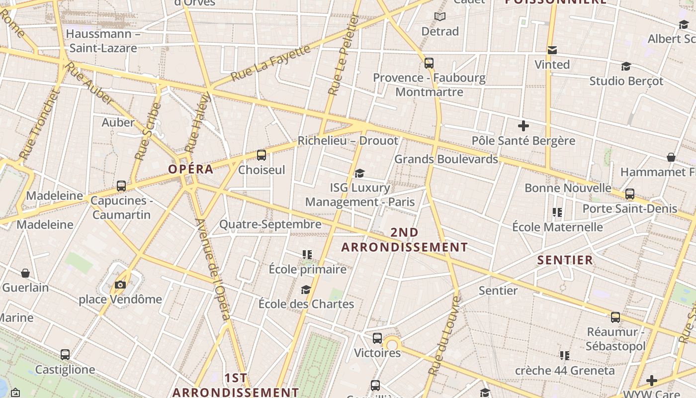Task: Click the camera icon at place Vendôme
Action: pyautogui.click(x=120, y=285)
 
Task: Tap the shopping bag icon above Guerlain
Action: pyautogui.click(x=25, y=273)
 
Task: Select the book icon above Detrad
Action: pyautogui.click(x=439, y=17)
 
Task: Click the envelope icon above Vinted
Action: pyautogui.click(x=552, y=50)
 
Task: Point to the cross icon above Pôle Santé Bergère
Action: pyautogui.click(x=523, y=126)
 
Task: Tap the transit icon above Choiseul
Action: pyautogui.click(x=261, y=155)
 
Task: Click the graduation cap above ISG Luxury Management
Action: pyautogui.click(x=359, y=173)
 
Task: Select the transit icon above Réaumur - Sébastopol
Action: pyautogui.click(x=615, y=317)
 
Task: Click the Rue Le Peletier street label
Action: pyautogui.click(x=344, y=55)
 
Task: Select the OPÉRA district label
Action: pyautogui.click(x=191, y=169)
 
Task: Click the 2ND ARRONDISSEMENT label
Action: pyautogui.click(x=404, y=240)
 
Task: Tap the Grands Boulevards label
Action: pyautogui.click(x=446, y=159)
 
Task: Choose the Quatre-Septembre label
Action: pyautogui.click(x=270, y=224)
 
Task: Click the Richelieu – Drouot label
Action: pyautogui.click(x=348, y=141)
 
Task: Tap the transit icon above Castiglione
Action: pyautogui.click(x=65, y=355)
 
